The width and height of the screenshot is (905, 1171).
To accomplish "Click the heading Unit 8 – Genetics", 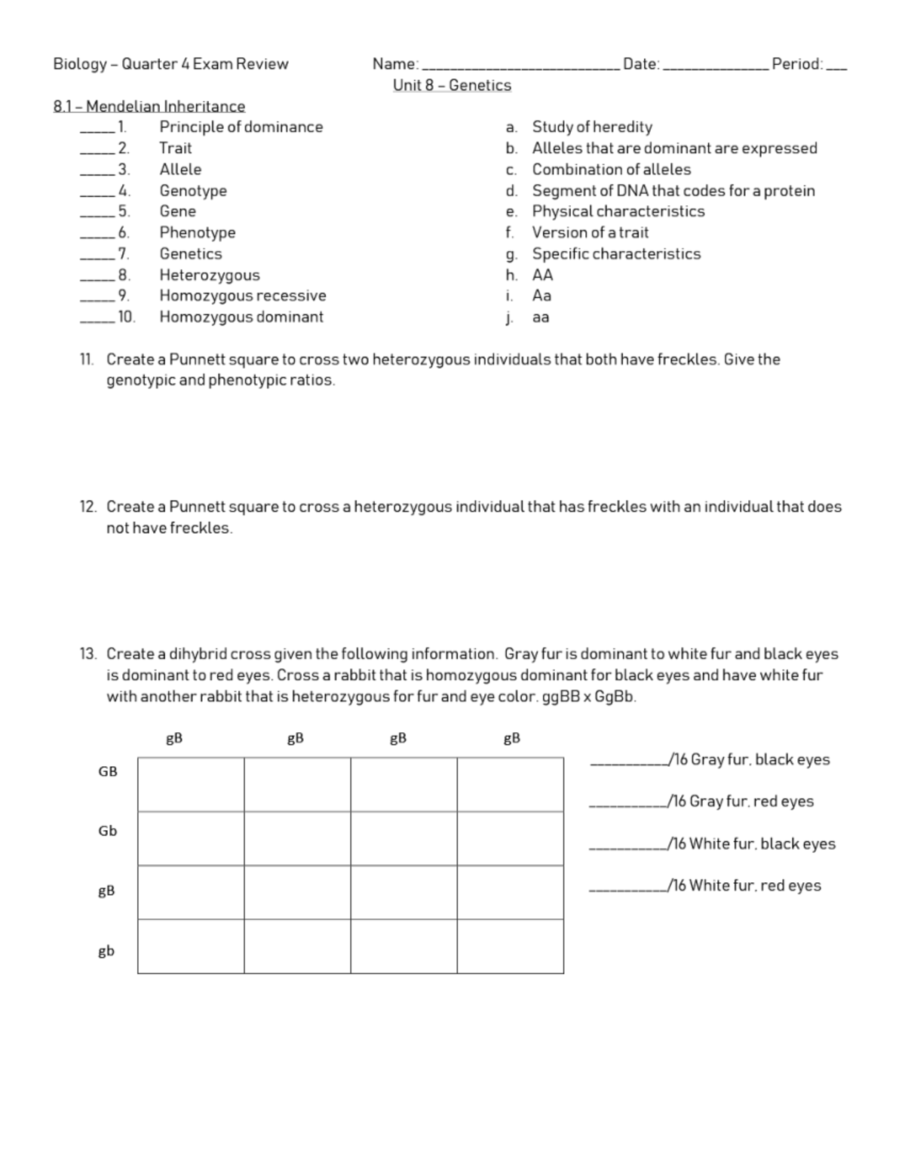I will pos(452,85).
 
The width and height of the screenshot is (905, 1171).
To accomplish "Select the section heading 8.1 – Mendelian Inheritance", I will pos(149,106).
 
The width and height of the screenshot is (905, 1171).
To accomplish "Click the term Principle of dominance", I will pos(241,127).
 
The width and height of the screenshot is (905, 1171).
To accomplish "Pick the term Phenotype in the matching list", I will pos(197,232).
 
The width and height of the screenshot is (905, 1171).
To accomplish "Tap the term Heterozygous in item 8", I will pos(209,274).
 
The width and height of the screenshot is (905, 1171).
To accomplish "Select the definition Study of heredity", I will pos(592,127).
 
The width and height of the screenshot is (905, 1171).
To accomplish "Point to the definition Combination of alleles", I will pos(611,169).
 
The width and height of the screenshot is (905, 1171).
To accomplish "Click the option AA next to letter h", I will pos(542,274).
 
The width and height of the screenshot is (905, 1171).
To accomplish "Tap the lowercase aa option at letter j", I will pos(541,317).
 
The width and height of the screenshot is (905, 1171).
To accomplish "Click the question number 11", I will pos(87,359).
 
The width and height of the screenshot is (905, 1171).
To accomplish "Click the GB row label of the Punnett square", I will pos(108,771).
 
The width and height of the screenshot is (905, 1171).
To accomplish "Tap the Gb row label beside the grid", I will pos(108,831).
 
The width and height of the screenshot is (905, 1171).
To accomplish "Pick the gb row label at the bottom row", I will pos(106,951).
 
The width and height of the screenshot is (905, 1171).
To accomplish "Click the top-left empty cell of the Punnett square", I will pos(191,784).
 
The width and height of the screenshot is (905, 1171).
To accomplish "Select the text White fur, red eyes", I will pos(755,885).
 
